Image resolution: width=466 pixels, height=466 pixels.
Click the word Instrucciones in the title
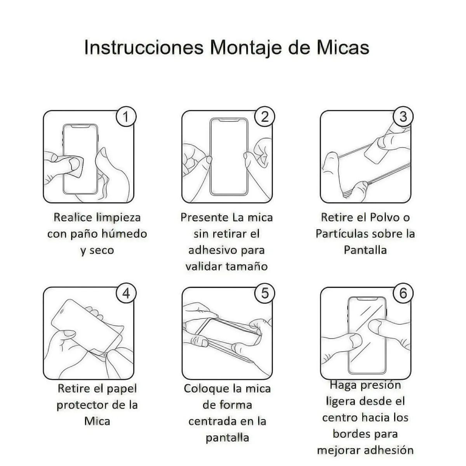[x=144, y=47]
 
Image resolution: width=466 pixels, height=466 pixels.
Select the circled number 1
[x=126, y=116]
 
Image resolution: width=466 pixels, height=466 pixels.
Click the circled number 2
[x=264, y=116]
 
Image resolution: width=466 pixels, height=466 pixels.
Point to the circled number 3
[x=403, y=116]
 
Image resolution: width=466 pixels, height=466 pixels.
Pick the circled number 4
[x=126, y=293]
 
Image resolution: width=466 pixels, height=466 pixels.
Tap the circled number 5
[x=264, y=293]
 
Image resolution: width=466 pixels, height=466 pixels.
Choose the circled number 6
[x=403, y=293]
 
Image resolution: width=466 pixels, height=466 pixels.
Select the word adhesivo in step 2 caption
[x=212, y=250]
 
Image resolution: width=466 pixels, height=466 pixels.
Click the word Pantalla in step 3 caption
[x=365, y=250]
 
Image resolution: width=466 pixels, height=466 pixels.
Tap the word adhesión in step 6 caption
[x=389, y=450]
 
